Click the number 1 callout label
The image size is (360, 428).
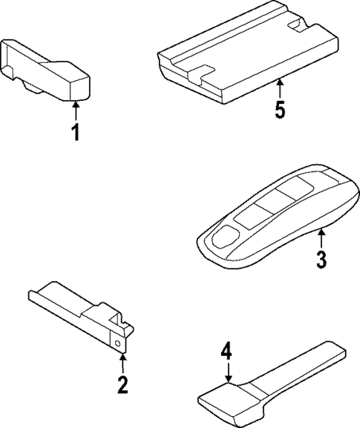point(74,134)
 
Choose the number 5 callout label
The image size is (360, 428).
point(279,109)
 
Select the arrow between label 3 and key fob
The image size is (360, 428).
point(321,239)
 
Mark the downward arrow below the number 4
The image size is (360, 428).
point(228,372)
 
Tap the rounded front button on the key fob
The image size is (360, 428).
point(223,237)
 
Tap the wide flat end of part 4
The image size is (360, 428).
point(223,401)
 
